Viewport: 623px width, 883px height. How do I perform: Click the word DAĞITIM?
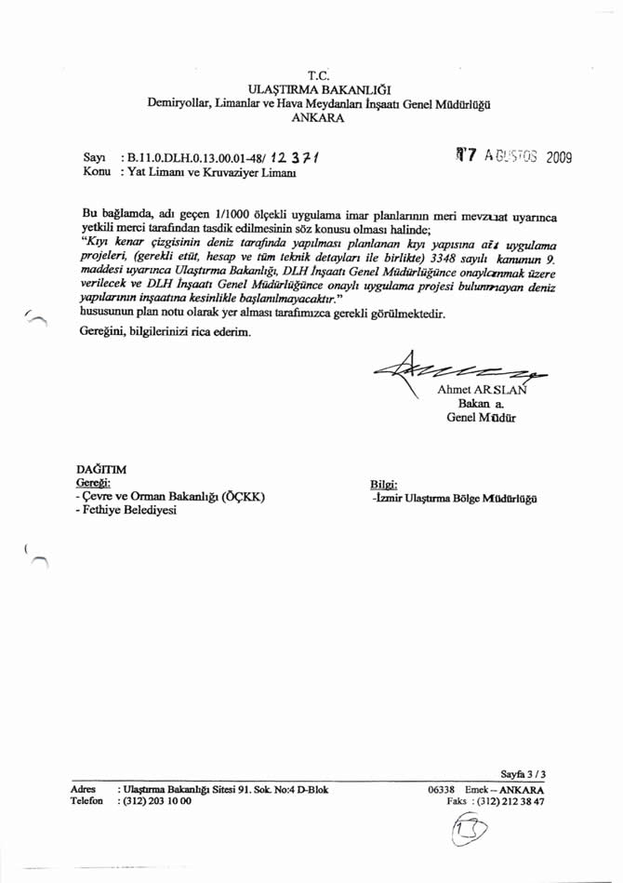coord(100,469)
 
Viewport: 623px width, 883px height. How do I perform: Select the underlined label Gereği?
coord(93,483)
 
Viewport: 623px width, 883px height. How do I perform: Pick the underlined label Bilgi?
coord(383,484)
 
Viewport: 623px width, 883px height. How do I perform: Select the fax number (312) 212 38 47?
coord(510,800)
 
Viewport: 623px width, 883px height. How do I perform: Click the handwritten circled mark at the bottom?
coord(474,834)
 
